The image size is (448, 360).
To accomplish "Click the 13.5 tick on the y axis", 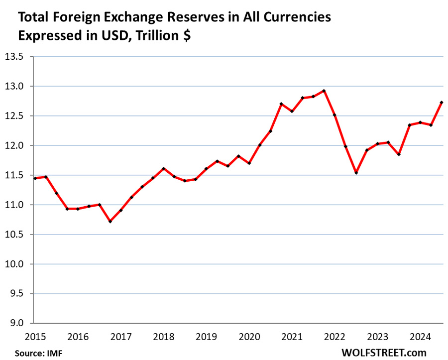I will coord(15,57).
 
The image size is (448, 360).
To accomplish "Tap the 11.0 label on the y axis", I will coord(15,205).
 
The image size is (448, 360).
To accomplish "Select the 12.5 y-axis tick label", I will coord(15,116).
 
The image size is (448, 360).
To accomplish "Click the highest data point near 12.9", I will coord(324,91).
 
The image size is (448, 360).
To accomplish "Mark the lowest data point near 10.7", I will coord(110,221).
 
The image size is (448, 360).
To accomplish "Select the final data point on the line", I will coord(442,103).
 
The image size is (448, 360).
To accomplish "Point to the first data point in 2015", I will coord(35,178).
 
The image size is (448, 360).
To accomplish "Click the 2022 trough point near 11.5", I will coord(356,173).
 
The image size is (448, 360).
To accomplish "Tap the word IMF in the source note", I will coord(55,353).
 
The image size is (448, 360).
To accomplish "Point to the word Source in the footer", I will coord(29,353).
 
